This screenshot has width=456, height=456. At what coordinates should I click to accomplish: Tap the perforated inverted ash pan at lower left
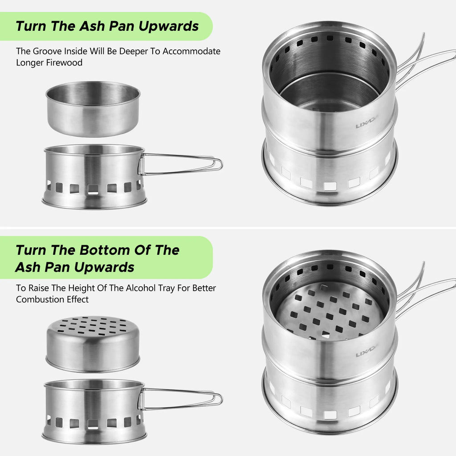[x=93, y=343]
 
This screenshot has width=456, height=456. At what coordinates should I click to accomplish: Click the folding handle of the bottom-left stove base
[x=183, y=399]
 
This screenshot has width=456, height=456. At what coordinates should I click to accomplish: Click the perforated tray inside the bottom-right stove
[x=330, y=310]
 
